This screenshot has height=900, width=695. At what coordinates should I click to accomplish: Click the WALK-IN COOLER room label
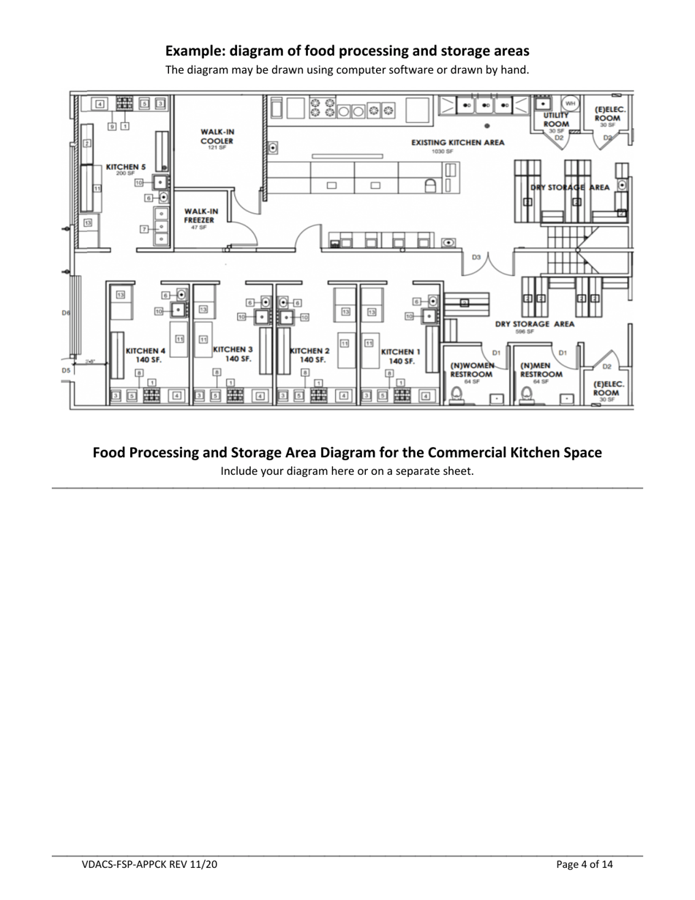(x=217, y=136)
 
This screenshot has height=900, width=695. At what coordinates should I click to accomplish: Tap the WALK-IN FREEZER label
(x=201, y=216)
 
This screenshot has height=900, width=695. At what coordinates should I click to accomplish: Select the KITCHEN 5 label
(x=126, y=167)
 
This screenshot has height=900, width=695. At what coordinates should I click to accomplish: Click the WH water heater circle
(x=570, y=103)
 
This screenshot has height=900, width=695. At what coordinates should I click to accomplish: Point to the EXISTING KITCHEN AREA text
(x=457, y=143)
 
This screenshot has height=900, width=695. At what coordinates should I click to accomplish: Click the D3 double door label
(x=476, y=258)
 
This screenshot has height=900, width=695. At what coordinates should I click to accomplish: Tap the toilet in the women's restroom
(x=457, y=395)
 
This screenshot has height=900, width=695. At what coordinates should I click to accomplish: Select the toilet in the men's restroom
(x=526, y=395)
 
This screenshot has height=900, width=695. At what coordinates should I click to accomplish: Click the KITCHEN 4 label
(x=146, y=355)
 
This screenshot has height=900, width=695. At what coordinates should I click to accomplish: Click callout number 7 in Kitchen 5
(x=144, y=229)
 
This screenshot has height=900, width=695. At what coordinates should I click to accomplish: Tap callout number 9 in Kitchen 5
(x=112, y=127)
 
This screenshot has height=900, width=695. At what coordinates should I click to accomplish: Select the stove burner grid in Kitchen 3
(x=236, y=396)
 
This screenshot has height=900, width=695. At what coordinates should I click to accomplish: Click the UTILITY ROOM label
(x=556, y=120)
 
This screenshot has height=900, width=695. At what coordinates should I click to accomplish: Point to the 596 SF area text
(x=523, y=331)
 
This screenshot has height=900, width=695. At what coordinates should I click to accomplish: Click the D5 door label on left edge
(x=66, y=370)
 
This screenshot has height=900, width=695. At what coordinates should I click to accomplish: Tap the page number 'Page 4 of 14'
(x=585, y=865)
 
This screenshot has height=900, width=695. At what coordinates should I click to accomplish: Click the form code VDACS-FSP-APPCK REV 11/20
(x=149, y=865)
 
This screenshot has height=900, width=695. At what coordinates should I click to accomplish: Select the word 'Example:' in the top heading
(x=195, y=51)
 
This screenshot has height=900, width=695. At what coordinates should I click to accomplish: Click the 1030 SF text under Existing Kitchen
(x=443, y=151)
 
